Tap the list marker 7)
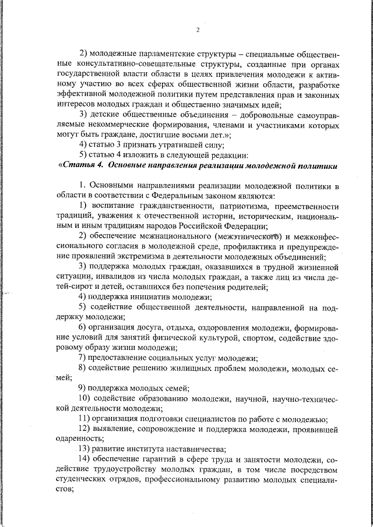(83, 358)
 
